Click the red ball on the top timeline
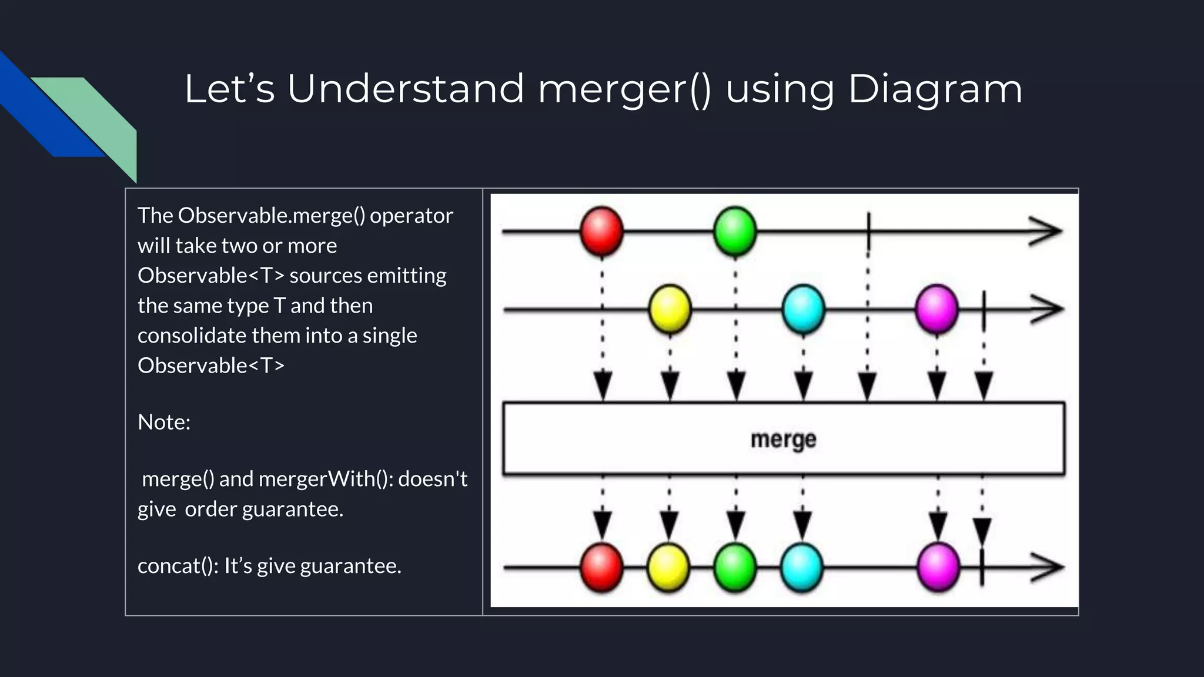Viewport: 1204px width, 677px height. (x=601, y=231)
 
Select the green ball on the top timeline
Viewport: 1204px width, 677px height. (x=735, y=231)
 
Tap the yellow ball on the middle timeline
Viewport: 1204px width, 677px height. (x=669, y=309)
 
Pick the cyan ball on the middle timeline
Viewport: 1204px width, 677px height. (x=803, y=309)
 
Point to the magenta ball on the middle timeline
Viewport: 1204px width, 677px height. (x=937, y=309)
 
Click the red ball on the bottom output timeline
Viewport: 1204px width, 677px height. (x=601, y=567)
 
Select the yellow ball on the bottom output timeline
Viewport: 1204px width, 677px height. (x=668, y=567)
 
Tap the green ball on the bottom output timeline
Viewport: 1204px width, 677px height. (x=735, y=567)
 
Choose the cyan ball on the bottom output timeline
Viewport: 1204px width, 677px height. (x=802, y=567)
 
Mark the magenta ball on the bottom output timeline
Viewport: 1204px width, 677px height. (x=938, y=567)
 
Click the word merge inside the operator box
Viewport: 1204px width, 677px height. (x=783, y=440)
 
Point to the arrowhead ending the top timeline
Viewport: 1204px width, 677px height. (x=1046, y=231)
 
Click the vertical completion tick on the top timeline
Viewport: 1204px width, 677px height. (x=868, y=231)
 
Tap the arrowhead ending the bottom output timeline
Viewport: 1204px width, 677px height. (x=1048, y=567)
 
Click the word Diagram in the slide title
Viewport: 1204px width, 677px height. (x=935, y=89)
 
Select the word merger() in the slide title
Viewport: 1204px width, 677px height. (x=624, y=89)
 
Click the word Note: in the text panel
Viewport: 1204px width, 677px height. (x=164, y=422)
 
